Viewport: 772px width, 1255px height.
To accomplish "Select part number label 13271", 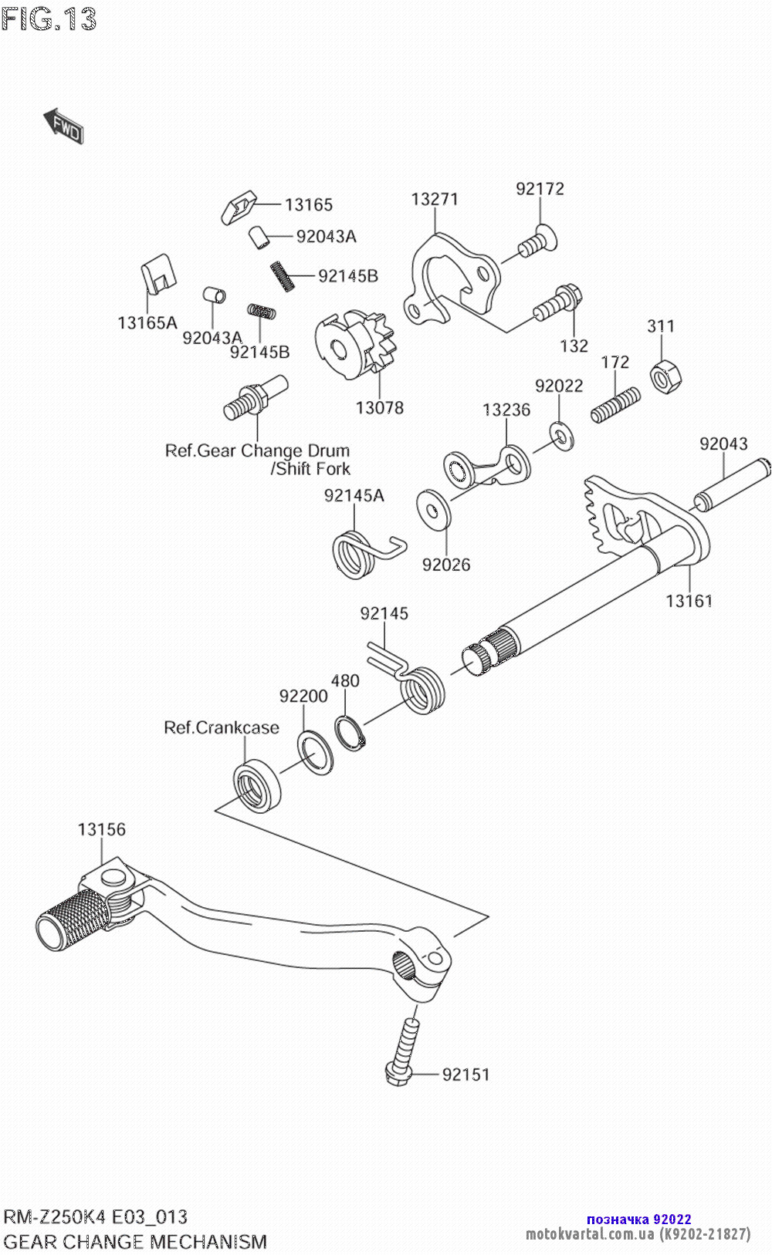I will (x=435, y=199).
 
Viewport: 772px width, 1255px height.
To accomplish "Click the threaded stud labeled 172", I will (x=616, y=405).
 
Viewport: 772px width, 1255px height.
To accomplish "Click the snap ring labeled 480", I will (x=350, y=733).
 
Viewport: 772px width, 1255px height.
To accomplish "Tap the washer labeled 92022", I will (x=561, y=437).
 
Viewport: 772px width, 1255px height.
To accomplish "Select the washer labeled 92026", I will (x=433, y=508).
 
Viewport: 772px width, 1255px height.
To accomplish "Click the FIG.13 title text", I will (x=49, y=19).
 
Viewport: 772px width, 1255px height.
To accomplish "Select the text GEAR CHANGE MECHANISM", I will (x=136, y=1242).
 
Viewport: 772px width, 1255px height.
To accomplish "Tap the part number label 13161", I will (x=689, y=601).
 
